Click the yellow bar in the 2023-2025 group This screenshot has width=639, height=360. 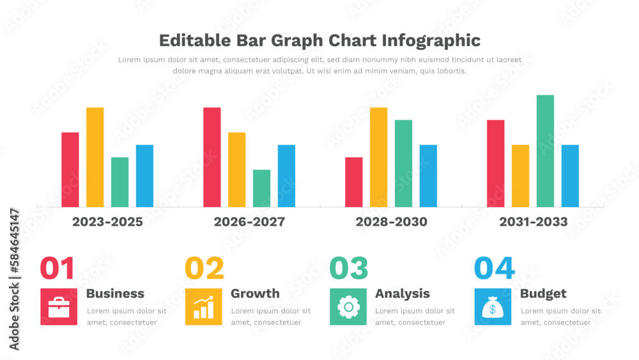point(95,157)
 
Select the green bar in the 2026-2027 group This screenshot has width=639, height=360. point(261,188)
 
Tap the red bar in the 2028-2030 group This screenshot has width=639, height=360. point(354,182)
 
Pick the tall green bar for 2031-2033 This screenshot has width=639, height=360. point(545,151)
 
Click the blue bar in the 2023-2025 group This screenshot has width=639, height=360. point(144,176)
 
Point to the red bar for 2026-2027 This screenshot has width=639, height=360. point(212,157)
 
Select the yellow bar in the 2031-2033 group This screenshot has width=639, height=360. point(520,176)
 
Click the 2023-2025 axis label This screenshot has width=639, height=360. point(107,222)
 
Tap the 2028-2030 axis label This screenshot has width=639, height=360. point(392,222)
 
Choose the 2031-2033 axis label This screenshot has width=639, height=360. point(534,222)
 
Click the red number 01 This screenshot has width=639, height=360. point(58,269)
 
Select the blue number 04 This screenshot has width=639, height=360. point(494,269)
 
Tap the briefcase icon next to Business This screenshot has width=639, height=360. point(59,307)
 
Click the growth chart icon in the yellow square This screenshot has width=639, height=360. point(204,307)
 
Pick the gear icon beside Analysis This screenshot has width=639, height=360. point(348,307)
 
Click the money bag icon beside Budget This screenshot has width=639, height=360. point(493,307)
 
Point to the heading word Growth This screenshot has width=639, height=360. point(255,293)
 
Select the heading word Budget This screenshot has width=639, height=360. point(543,293)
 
